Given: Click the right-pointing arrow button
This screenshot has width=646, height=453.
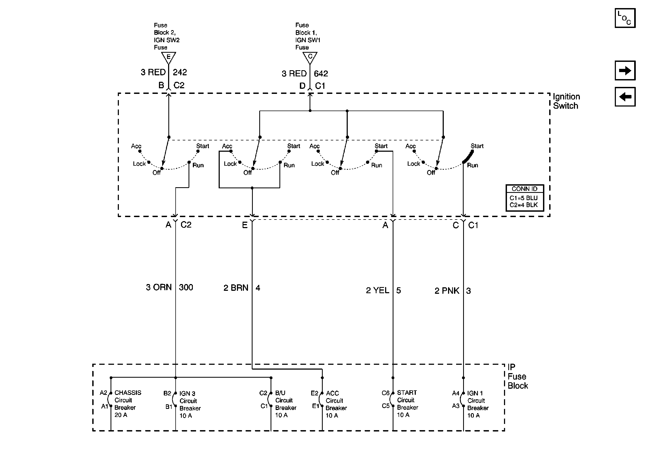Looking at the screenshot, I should click(625, 70).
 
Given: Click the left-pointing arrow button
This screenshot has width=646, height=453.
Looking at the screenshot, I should click(625, 97).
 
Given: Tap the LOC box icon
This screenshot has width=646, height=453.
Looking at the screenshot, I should click(625, 18).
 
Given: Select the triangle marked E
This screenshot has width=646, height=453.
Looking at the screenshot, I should click(169, 57).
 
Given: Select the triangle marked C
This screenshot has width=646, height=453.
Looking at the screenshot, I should click(310, 57).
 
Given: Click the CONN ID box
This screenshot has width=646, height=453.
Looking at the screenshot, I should click(525, 197).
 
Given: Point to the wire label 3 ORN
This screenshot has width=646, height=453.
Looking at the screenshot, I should click(159, 287).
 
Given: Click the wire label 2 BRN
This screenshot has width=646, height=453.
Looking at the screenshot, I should click(236, 288).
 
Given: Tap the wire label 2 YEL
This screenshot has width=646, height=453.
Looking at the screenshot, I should click(378, 290).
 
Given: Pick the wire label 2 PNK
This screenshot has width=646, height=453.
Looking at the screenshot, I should click(447, 291).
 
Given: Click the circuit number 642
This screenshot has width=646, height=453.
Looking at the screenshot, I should click(321, 74).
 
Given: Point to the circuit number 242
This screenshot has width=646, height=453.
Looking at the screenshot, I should click(180, 72).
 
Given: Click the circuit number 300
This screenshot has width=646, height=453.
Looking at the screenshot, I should click(186, 287).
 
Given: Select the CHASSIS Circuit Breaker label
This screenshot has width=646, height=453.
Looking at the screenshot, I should click(127, 404).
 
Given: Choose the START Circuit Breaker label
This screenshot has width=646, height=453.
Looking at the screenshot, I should click(407, 404).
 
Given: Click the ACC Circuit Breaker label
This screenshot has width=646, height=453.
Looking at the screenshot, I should click(336, 404).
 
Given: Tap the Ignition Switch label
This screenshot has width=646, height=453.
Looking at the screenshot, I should click(566, 101).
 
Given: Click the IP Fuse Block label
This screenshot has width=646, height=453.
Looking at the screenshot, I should click(517, 376).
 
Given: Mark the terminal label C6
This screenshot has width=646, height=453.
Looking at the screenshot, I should click(385, 393).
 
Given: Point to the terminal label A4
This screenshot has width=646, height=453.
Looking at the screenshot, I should click(456, 393).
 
